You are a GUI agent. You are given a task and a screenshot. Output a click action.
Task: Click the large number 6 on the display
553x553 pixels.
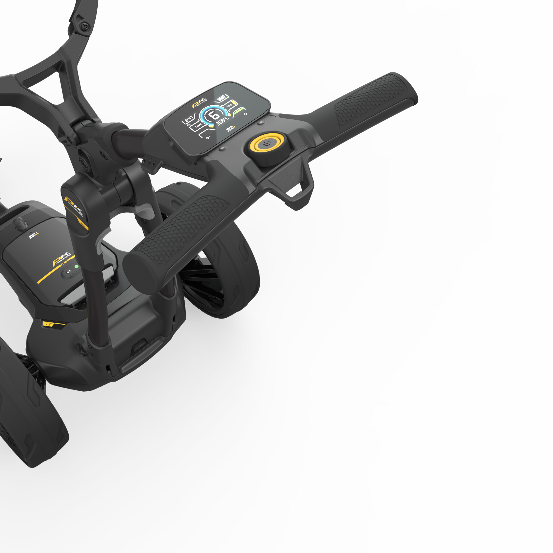(214, 115)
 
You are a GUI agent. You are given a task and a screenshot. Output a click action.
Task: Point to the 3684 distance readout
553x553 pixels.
(222, 121)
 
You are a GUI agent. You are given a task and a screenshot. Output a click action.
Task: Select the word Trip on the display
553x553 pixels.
(229, 106)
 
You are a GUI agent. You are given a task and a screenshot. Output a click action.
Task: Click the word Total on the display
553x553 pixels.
(198, 126)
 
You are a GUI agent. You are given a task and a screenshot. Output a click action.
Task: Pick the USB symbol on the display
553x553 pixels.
(208, 138)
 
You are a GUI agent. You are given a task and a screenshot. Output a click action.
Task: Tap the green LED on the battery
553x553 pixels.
(76, 267)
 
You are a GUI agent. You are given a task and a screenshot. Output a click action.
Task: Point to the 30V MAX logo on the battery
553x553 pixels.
(33, 236)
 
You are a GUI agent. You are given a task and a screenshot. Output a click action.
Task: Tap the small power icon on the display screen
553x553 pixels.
(245, 114)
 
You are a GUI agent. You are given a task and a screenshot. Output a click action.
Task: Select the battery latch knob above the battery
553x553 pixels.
(21, 222)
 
